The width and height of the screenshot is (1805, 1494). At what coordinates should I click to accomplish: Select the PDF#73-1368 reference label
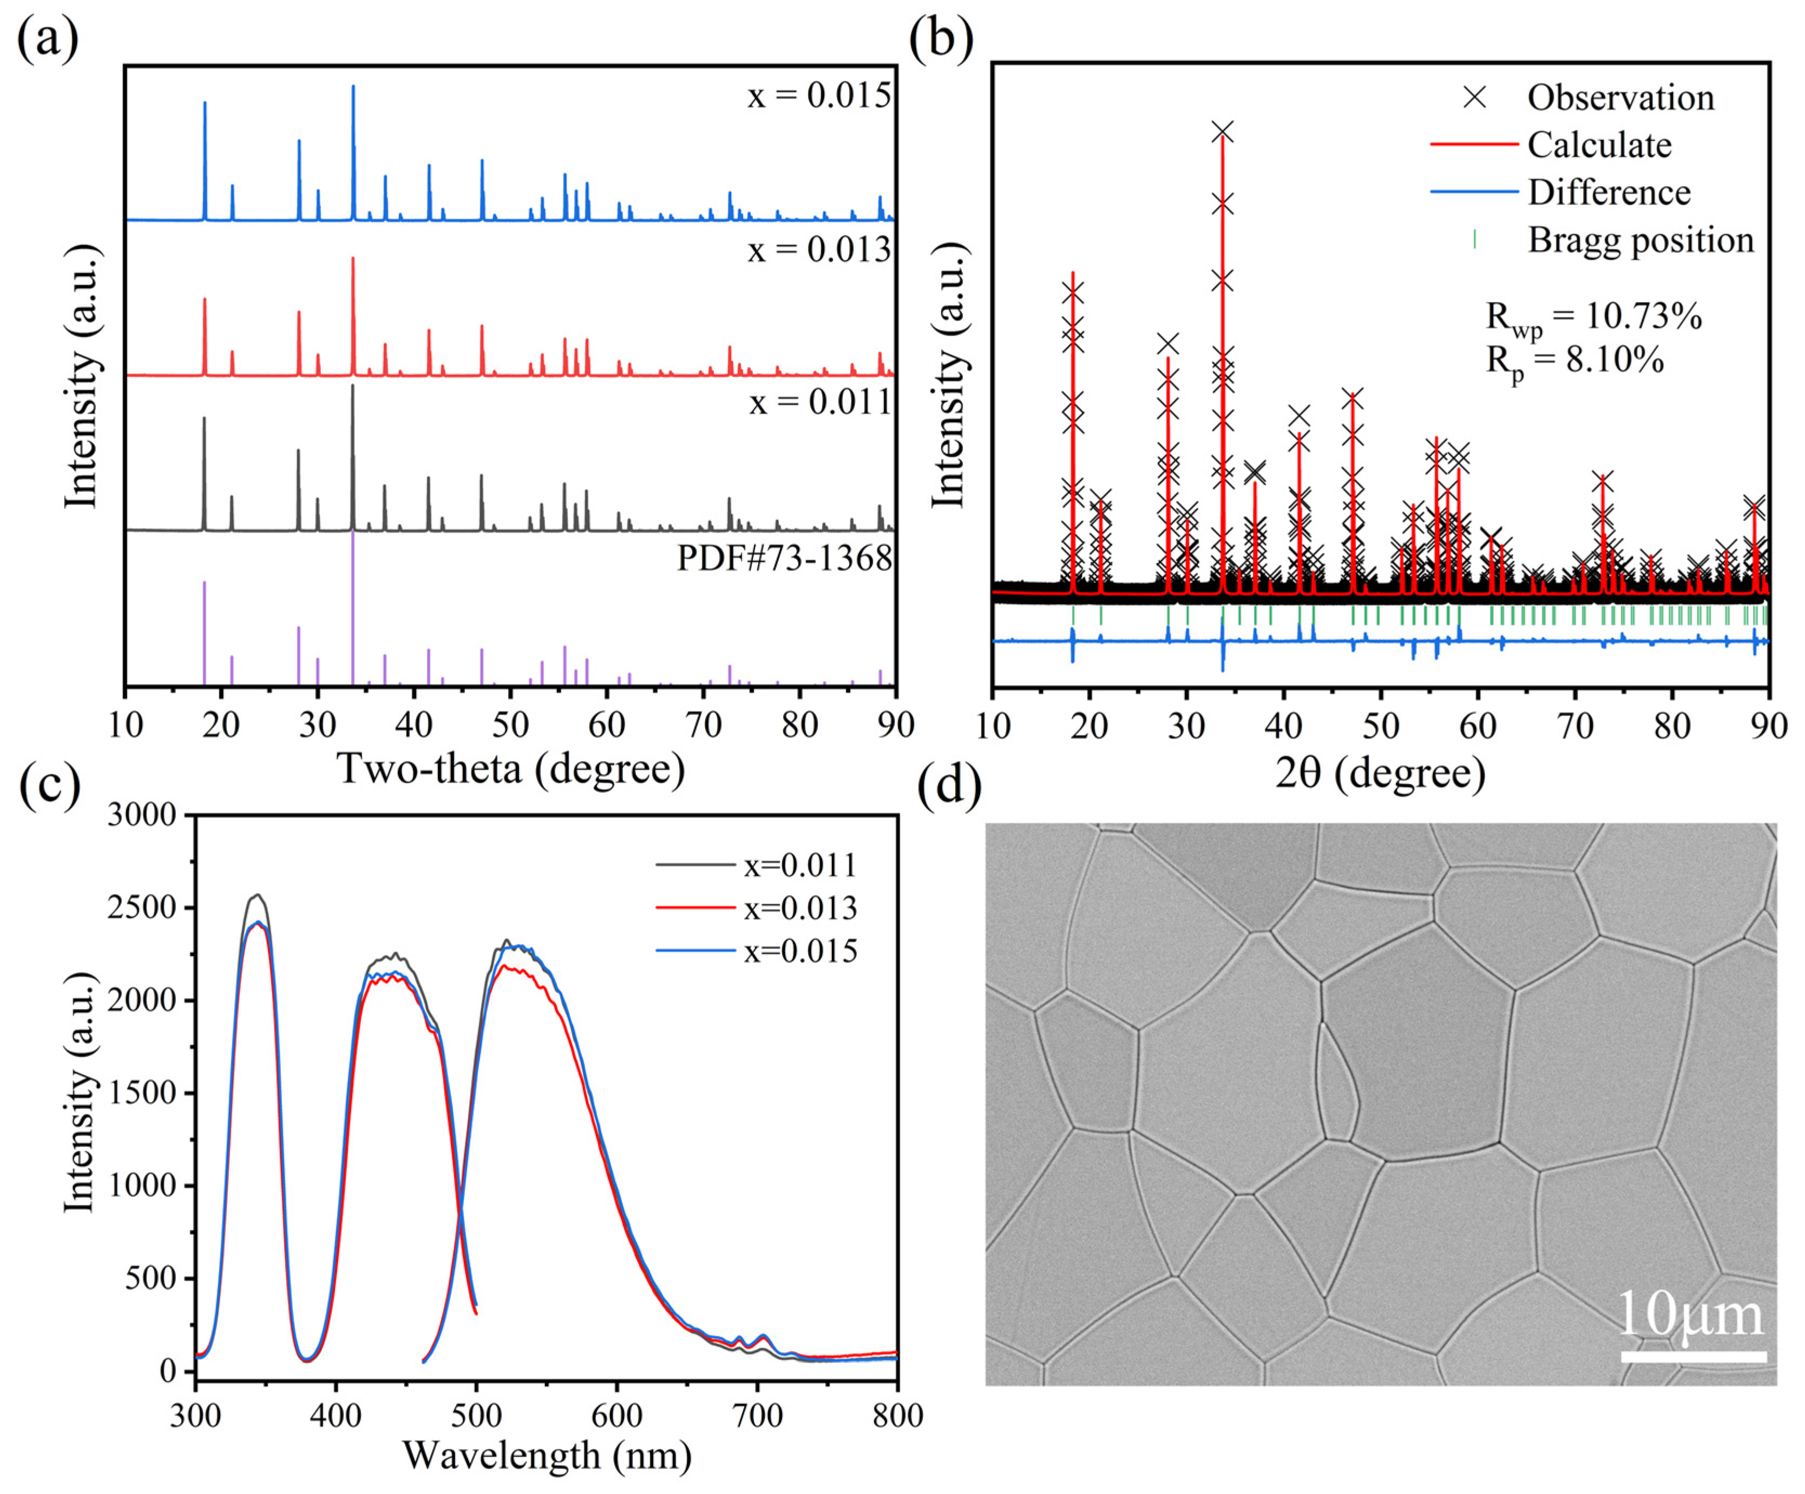(784, 559)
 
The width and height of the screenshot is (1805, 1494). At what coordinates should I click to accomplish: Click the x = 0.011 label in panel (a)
(819, 402)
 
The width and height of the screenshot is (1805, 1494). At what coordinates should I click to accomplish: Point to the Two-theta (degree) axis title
(511, 768)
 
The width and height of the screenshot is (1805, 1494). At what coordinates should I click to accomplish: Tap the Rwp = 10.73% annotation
(1593, 318)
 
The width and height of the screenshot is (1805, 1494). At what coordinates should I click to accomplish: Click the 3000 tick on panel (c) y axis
(142, 815)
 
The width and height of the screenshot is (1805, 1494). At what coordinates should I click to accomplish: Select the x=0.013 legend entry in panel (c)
(799, 908)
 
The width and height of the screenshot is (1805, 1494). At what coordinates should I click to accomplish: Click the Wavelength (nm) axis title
(547, 1456)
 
